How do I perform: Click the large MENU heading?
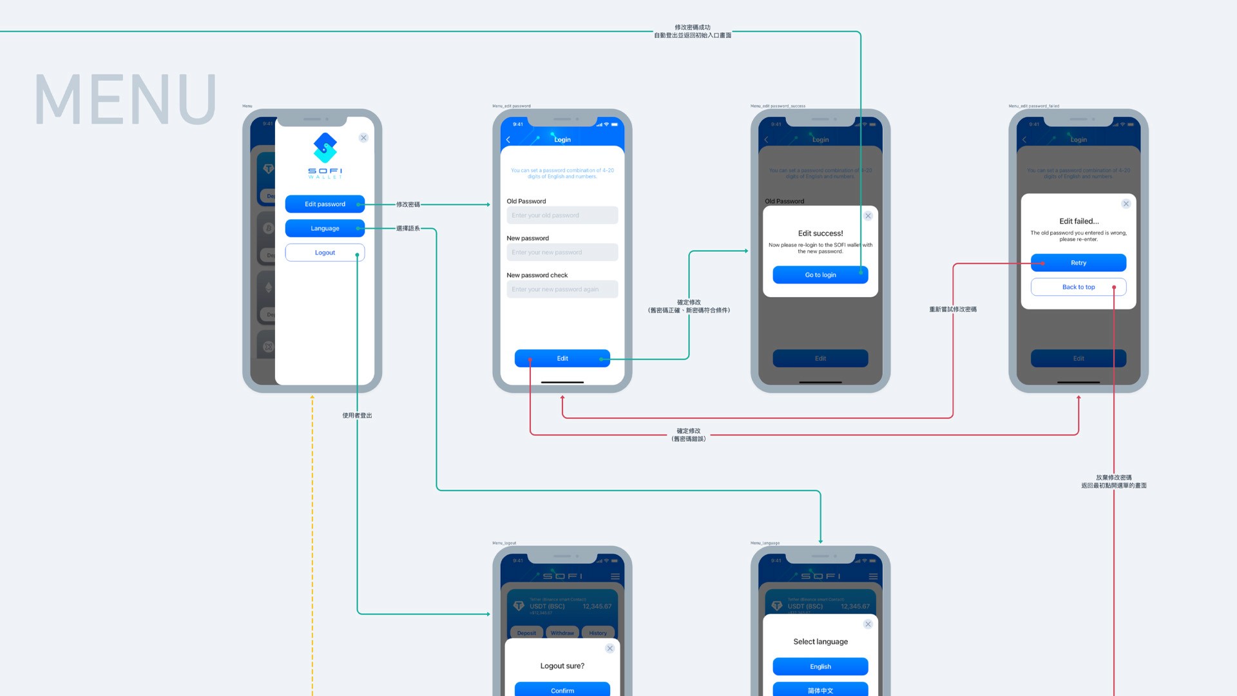click(125, 99)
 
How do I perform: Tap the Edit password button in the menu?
click(325, 204)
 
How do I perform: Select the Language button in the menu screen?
click(325, 229)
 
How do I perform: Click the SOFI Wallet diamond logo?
click(325, 148)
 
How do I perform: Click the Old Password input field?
click(562, 215)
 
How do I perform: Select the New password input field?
click(562, 253)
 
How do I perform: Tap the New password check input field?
click(562, 289)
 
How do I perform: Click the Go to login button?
click(820, 275)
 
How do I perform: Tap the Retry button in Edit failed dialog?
click(1078, 263)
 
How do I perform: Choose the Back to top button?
click(1078, 287)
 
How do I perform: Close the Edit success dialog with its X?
click(868, 216)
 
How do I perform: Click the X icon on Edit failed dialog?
click(1126, 204)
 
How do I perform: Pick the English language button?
click(820, 666)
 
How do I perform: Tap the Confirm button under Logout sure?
click(562, 690)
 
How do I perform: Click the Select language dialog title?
click(820, 642)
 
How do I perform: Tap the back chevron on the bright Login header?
click(508, 140)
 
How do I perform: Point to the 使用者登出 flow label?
click(357, 416)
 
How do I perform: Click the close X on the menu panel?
click(363, 138)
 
